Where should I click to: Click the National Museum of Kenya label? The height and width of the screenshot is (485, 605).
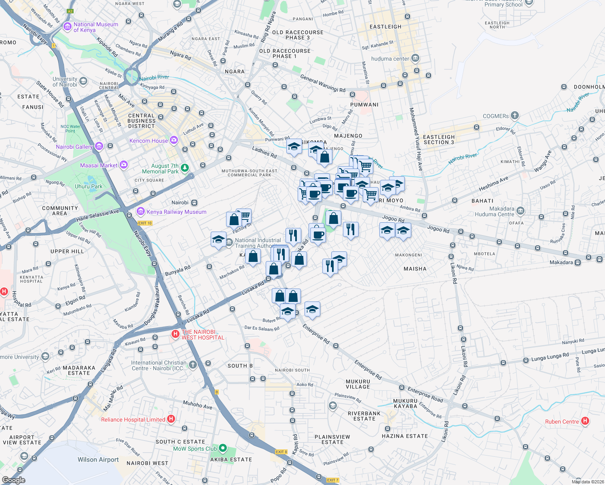coord(95,27)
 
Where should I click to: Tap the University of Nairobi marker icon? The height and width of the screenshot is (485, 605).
coord(83,81)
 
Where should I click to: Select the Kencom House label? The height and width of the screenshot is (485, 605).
coord(148,141)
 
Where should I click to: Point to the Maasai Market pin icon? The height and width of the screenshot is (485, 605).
coord(124,165)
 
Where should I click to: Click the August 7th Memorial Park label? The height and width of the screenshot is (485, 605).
coord(160,169)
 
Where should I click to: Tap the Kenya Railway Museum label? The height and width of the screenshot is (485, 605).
coord(176,212)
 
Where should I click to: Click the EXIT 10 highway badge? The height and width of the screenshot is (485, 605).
coord(145,223)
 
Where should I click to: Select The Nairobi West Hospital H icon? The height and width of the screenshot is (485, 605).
coord(175,334)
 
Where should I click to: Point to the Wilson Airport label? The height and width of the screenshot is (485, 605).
coord(98,460)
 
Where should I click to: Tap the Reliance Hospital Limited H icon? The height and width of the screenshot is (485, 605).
coord(171,419)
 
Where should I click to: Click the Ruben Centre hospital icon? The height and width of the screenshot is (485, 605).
coord(585,422)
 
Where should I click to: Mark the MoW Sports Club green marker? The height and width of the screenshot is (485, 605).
coord(222,449)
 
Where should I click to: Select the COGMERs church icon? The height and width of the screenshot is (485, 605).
coord(514,116)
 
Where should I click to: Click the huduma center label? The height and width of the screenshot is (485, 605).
coord(390,59)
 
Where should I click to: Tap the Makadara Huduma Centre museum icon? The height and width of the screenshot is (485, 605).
coord(520,211)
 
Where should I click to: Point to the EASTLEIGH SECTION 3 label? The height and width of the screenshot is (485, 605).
coord(439,139)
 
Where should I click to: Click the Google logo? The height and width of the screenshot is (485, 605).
coord(13,480)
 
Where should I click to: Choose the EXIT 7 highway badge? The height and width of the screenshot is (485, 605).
coord(333,480)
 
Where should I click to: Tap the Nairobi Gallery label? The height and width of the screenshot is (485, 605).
coord(74,147)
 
